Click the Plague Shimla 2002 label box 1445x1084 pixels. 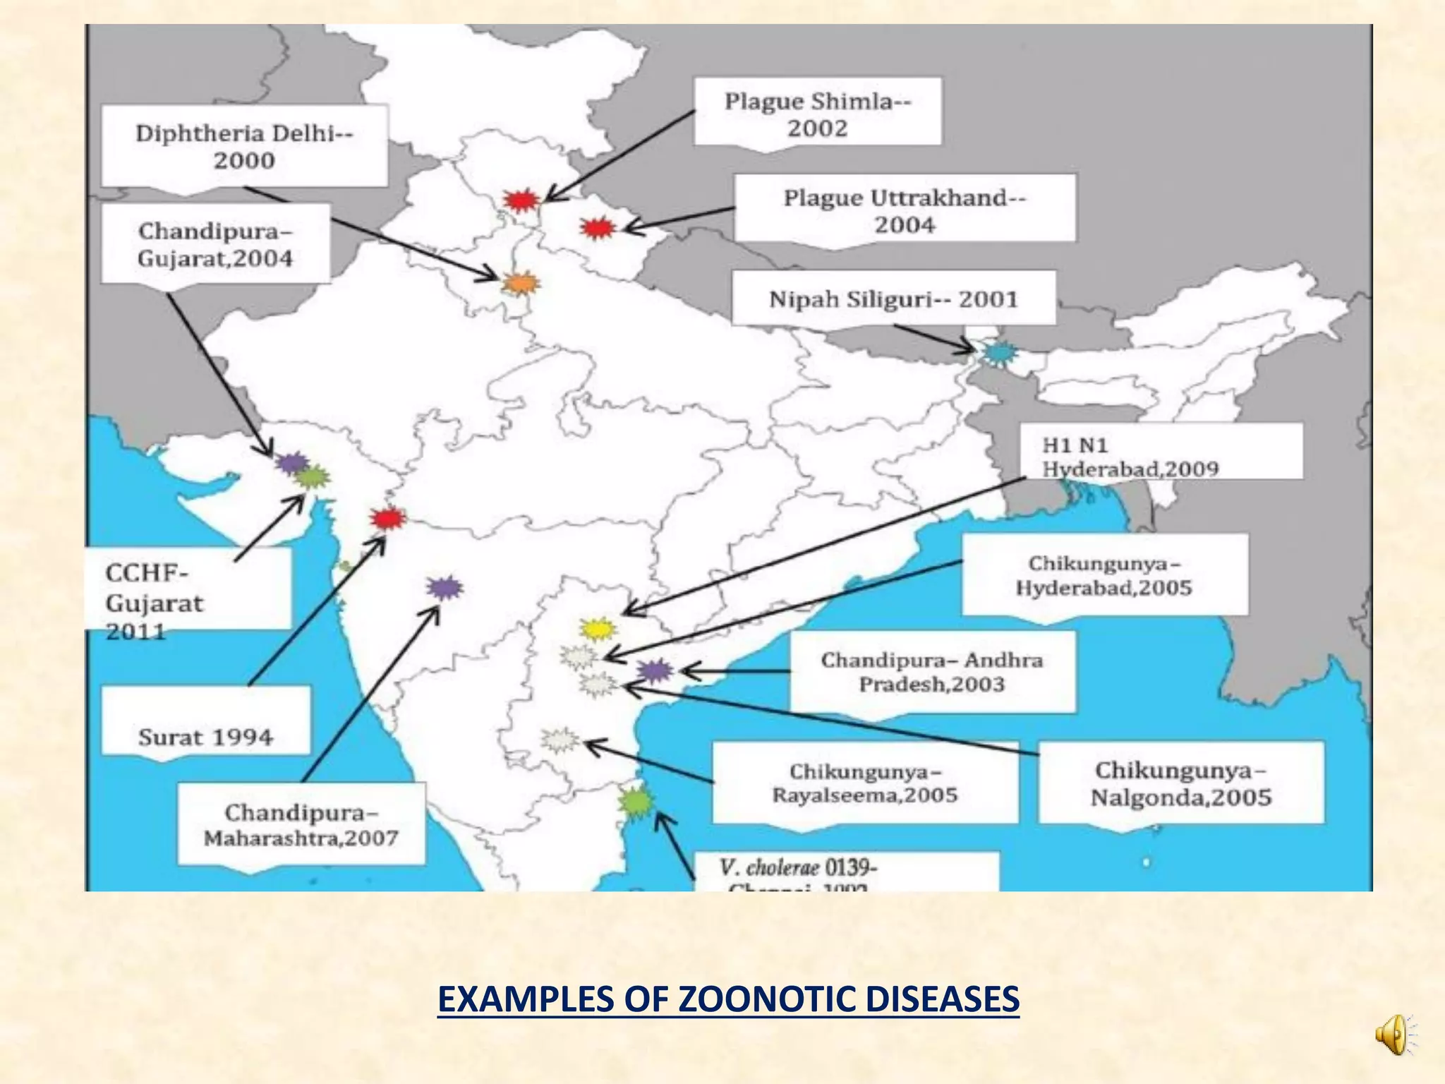(x=817, y=114)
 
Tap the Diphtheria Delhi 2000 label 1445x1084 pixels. (x=244, y=146)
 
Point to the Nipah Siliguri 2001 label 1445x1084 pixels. (x=893, y=299)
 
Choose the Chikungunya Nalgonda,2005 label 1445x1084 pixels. (x=1180, y=783)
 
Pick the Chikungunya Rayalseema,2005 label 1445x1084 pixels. (x=865, y=783)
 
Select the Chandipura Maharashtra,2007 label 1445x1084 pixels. (x=301, y=824)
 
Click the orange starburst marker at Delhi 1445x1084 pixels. (x=521, y=284)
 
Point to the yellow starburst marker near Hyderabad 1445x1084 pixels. (x=598, y=629)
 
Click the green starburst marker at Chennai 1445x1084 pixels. (x=636, y=802)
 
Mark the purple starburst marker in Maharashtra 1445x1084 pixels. (x=445, y=587)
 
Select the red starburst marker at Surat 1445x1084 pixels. (x=387, y=519)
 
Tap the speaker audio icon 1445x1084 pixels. (x=1395, y=1035)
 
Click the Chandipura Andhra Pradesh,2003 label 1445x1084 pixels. (x=931, y=671)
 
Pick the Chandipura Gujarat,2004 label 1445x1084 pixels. (x=215, y=244)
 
